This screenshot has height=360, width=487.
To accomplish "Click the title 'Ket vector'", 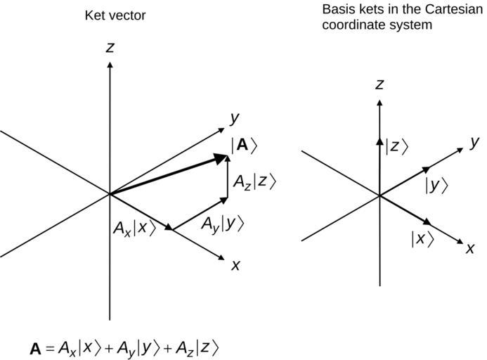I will coord(115,15).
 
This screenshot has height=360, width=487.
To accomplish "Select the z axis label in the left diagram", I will coord(110,47).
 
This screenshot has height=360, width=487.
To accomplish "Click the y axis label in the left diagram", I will coord(235,117).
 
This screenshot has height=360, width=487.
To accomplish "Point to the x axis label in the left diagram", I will coord(236,265).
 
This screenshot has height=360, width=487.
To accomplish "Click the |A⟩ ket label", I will coord(244,146).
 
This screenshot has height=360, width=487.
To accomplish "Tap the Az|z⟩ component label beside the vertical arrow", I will coord(255,181).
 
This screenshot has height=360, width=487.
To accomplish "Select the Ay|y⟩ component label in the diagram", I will coord(222,224).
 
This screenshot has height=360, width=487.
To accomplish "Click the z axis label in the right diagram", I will coord(379,84).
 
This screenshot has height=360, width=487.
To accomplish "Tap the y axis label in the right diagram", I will coord(475,141).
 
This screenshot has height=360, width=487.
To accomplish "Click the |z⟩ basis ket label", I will coord(396,146).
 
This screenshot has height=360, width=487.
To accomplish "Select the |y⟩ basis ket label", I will coord(436,185).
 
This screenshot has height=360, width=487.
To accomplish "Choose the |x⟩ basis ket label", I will coord(422,238).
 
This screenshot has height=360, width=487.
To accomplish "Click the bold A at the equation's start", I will coord(36,348).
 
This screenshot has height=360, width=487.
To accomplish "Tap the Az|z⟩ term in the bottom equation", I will coord(197,347).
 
